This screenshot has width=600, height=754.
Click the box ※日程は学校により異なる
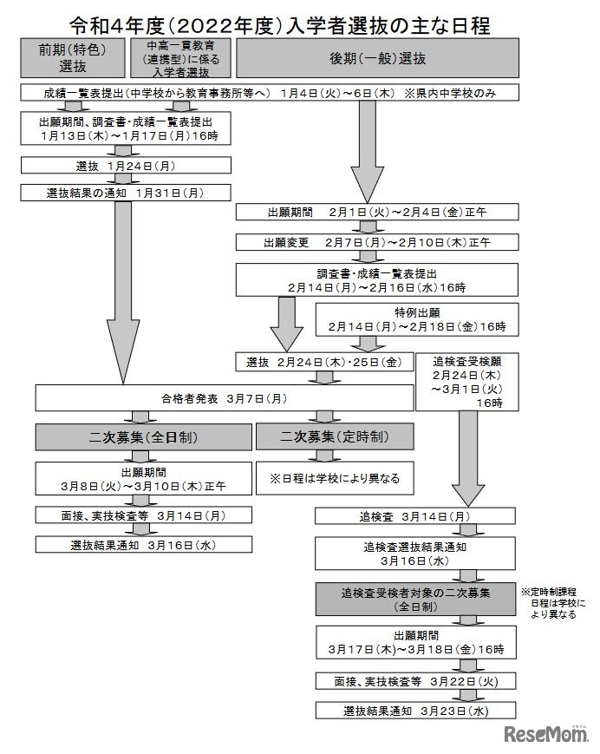pos(334,477)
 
